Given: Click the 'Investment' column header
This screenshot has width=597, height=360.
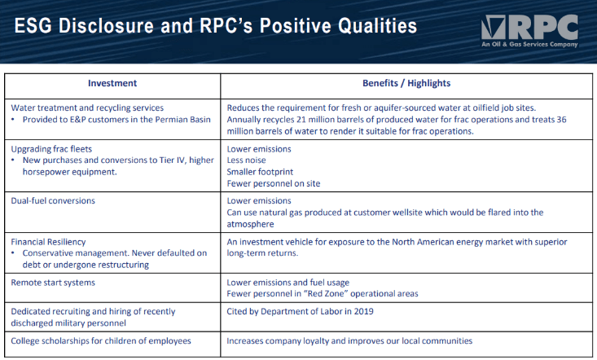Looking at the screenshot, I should (x=112, y=83).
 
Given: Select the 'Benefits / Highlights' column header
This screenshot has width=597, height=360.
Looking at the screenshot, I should (x=406, y=83).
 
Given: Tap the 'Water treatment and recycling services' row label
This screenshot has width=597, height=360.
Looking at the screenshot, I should (x=87, y=108).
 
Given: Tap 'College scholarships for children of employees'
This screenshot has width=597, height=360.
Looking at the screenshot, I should (x=101, y=340).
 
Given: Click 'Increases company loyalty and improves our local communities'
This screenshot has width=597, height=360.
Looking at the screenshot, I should (x=349, y=340).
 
